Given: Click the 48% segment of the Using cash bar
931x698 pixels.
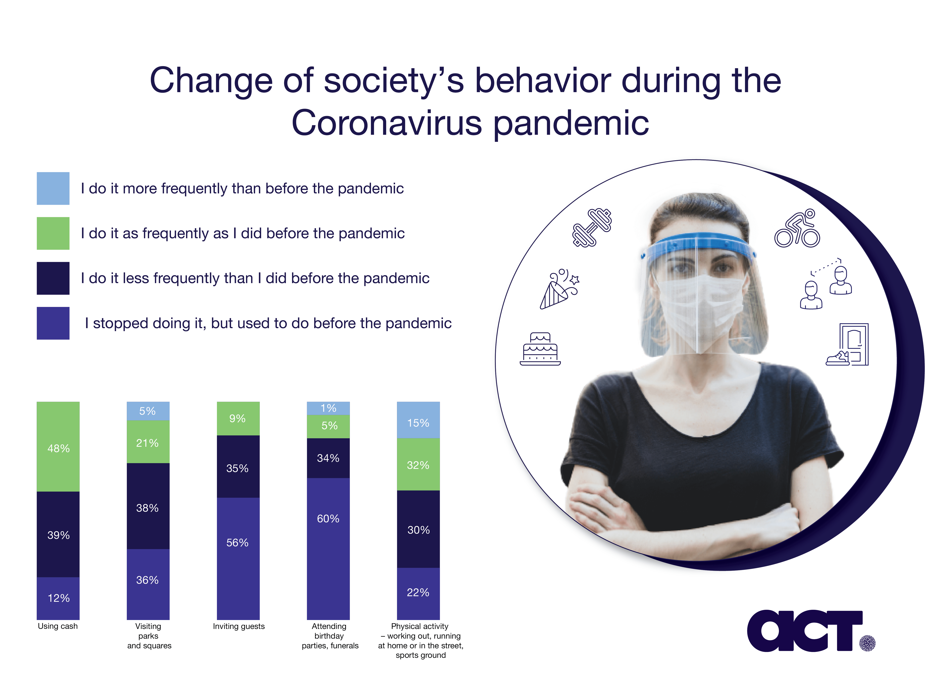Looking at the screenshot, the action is (x=58, y=446).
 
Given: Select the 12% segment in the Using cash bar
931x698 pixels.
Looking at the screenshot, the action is (x=58, y=598).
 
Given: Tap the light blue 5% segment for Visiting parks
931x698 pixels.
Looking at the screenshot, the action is (x=148, y=411).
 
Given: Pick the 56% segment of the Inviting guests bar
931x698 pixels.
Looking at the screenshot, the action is (x=238, y=558).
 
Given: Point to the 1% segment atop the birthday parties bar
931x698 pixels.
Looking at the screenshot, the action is (x=328, y=408).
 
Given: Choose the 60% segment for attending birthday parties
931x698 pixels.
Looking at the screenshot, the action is (x=328, y=549).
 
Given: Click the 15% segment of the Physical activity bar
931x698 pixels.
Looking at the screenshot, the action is (x=418, y=420).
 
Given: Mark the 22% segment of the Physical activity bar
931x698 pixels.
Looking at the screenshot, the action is (x=418, y=594).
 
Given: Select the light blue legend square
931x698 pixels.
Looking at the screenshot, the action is (x=53, y=189).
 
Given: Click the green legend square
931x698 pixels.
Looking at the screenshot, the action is (x=53, y=234).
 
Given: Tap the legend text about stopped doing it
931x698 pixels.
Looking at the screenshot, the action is (x=268, y=323).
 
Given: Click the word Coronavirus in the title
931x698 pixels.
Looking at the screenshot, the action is (x=386, y=123).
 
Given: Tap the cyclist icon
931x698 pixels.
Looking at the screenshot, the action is (x=797, y=228).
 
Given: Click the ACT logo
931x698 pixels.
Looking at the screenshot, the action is (x=810, y=631).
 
